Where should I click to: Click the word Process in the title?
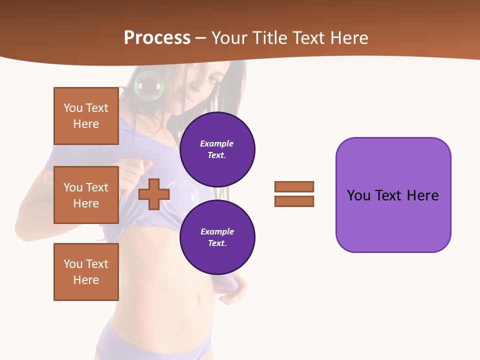pos(157,38)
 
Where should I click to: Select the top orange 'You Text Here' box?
pos(86,116)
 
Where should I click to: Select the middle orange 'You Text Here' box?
pos(86,195)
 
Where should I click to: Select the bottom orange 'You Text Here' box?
pos(86,272)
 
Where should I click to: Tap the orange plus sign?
pos(154,194)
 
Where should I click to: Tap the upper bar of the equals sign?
pos(294,186)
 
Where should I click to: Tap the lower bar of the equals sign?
pos(294,201)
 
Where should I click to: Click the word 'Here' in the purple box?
pos(422,195)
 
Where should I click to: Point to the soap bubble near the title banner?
pos(149,86)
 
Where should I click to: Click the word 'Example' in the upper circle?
pos(217,143)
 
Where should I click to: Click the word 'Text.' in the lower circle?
pos(217,243)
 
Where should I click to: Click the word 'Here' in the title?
pos(349,38)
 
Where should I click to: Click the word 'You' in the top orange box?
pos(73,108)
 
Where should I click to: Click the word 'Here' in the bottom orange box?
pos(86,280)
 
